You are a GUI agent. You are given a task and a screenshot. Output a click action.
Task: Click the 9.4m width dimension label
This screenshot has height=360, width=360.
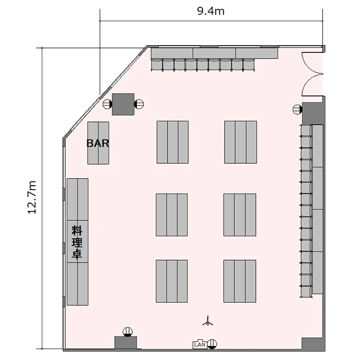(x=211, y=11)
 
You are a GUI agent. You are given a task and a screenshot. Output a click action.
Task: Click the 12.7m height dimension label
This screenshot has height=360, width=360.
(x=32, y=197)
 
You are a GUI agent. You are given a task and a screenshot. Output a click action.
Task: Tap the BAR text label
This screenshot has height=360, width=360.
(x=97, y=143)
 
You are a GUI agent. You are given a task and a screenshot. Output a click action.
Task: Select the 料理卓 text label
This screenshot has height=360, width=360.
(x=77, y=242)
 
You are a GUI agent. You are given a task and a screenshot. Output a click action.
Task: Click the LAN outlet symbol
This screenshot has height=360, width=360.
(x=200, y=344)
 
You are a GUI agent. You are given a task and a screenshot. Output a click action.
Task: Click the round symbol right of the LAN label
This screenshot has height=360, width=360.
(x=212, y=344)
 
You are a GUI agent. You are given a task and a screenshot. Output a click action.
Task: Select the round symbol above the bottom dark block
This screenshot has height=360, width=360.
(x=128, y=332)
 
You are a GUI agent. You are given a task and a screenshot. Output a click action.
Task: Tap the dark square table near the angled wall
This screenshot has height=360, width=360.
(x=123, y=104)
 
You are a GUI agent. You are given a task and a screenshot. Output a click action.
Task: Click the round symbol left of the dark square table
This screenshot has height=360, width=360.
(x=107, y=104)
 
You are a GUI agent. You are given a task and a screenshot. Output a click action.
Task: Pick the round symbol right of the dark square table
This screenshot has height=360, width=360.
(x=139, y=104)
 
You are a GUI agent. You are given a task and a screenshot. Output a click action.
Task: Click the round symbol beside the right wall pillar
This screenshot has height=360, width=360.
(x=298, y=109)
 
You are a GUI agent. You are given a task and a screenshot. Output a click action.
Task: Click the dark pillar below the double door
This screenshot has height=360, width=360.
(x=312, y=113)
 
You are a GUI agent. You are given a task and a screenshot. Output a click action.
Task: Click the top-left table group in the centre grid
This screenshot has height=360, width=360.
(x=173, y=142)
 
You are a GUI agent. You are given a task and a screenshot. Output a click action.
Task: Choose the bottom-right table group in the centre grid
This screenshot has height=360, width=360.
(x=240, y=281)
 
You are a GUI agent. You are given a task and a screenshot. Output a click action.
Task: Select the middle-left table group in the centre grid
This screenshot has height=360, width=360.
(x=172, y=215)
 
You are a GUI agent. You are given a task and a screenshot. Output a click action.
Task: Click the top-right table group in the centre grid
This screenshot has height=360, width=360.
(x=240, y=142)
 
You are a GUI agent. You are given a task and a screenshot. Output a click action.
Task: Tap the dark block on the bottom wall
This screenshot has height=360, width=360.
(x=126, y=343)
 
